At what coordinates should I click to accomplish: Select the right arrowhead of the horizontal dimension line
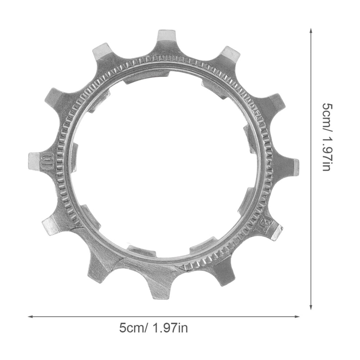[297, 317]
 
